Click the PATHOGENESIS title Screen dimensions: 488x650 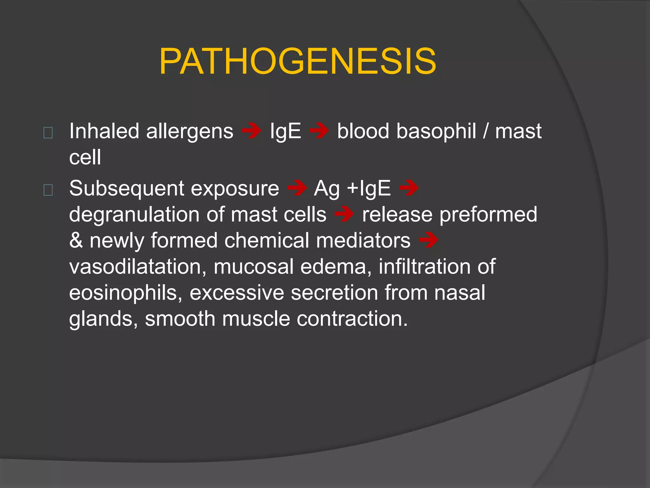(x=298, y=61)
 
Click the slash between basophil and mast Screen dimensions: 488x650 (x=486, y=131)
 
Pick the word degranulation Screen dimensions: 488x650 (x=134, y=215)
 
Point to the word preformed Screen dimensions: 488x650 (x=488, y=215)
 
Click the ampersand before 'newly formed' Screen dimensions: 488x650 (x=76, y=241)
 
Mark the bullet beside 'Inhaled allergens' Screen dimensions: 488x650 (x=48, y=132)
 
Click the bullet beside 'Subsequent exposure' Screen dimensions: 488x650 (x=48, y=190)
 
